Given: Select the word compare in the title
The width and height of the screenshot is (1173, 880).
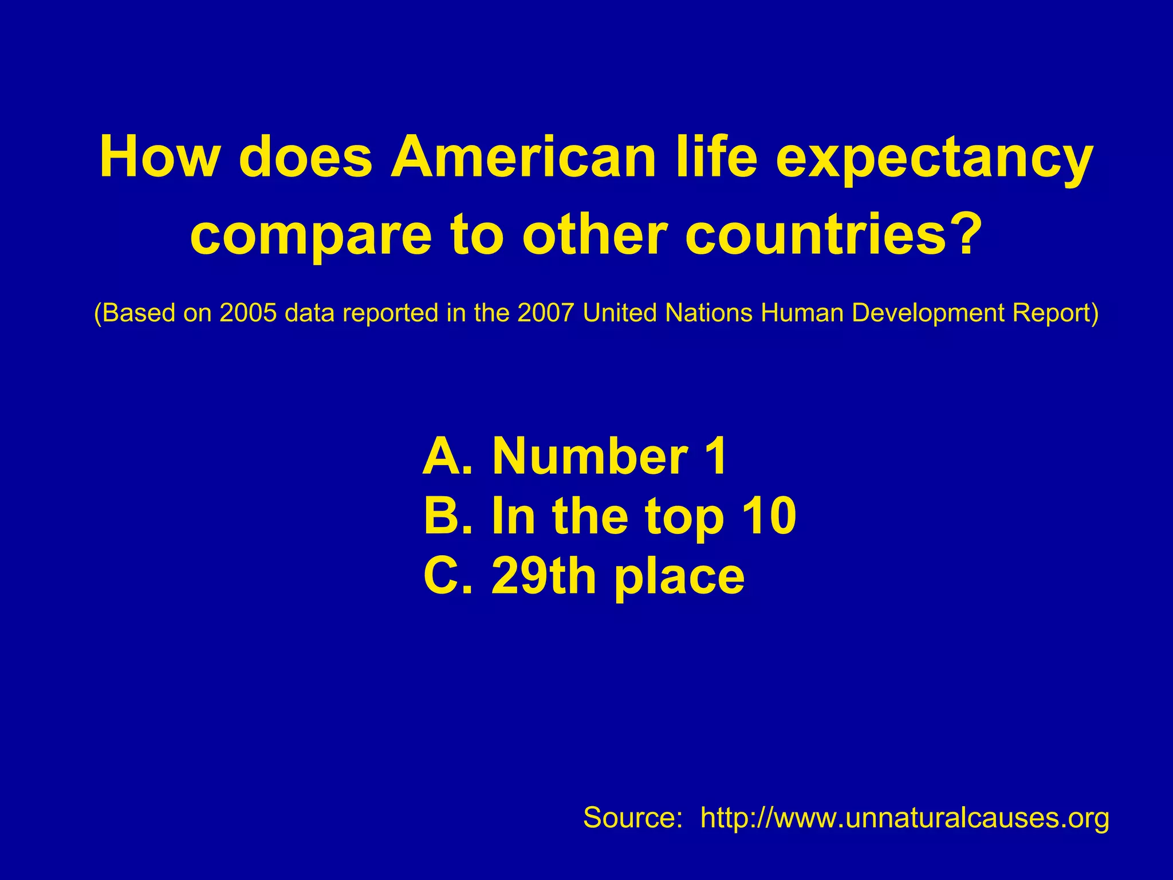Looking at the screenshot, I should tap(310, 236).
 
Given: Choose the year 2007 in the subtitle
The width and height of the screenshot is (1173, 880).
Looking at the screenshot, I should tap(545, 313).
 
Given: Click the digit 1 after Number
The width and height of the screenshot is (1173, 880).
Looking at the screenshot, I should tap(716, 457).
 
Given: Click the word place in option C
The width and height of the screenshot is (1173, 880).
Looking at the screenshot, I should tap(679, 577).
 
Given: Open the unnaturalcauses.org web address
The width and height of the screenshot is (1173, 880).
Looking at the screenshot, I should tap(904, 818).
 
